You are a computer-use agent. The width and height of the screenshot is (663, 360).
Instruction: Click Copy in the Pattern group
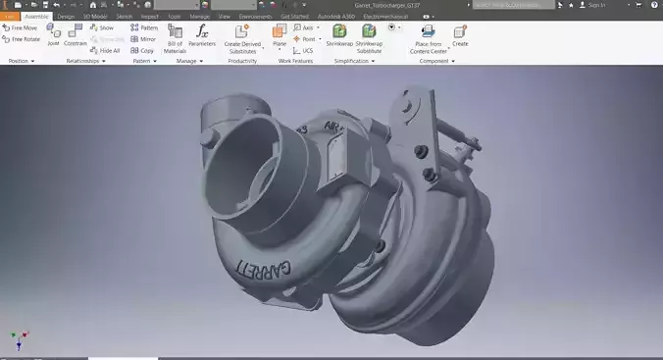[x=142, y=50]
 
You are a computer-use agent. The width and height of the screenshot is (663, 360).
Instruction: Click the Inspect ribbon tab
[x=150, y=17]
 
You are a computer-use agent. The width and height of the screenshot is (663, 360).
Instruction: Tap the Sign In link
[x=595, y=5]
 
